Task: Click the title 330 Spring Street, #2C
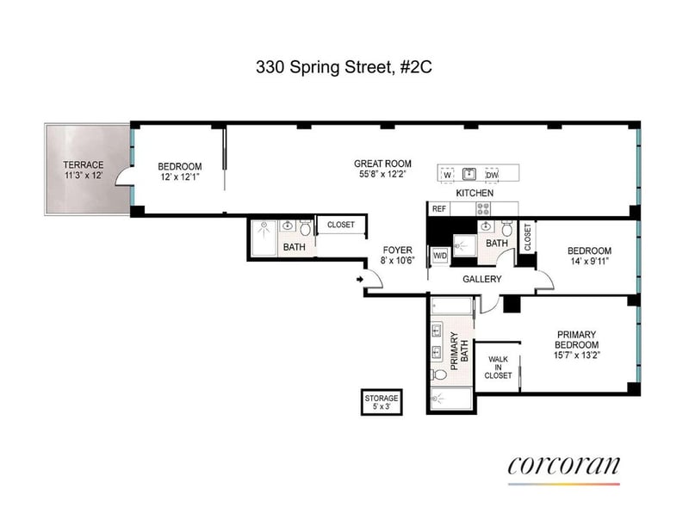click(x=344, y=67)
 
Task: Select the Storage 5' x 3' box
click(x=382, y=402)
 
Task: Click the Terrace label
click(x=84, y=164)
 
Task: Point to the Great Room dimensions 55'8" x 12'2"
click(x=382, y=174)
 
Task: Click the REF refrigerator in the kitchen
click(x=439, y=208)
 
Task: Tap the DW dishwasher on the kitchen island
click(x=492, y=175)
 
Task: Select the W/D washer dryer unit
click(x=440, y=256)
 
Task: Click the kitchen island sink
click(x=469, y=174)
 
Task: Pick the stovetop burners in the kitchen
click(x=484, y=208)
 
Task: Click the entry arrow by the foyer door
click(x=360, y=279)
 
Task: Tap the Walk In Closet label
click(x=498, y=368)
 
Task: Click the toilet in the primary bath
click(x=439, y=374)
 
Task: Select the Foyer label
click(x=398, y=250)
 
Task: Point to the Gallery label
click(x=482, y=279)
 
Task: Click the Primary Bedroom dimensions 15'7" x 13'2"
click(x=576, y=355)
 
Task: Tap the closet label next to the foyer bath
click(x=341, y=225)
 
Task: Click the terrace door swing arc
click(x=121, y=177)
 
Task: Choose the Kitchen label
click(x=475, y=193)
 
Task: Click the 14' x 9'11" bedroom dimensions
click(x=589, y=261)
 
